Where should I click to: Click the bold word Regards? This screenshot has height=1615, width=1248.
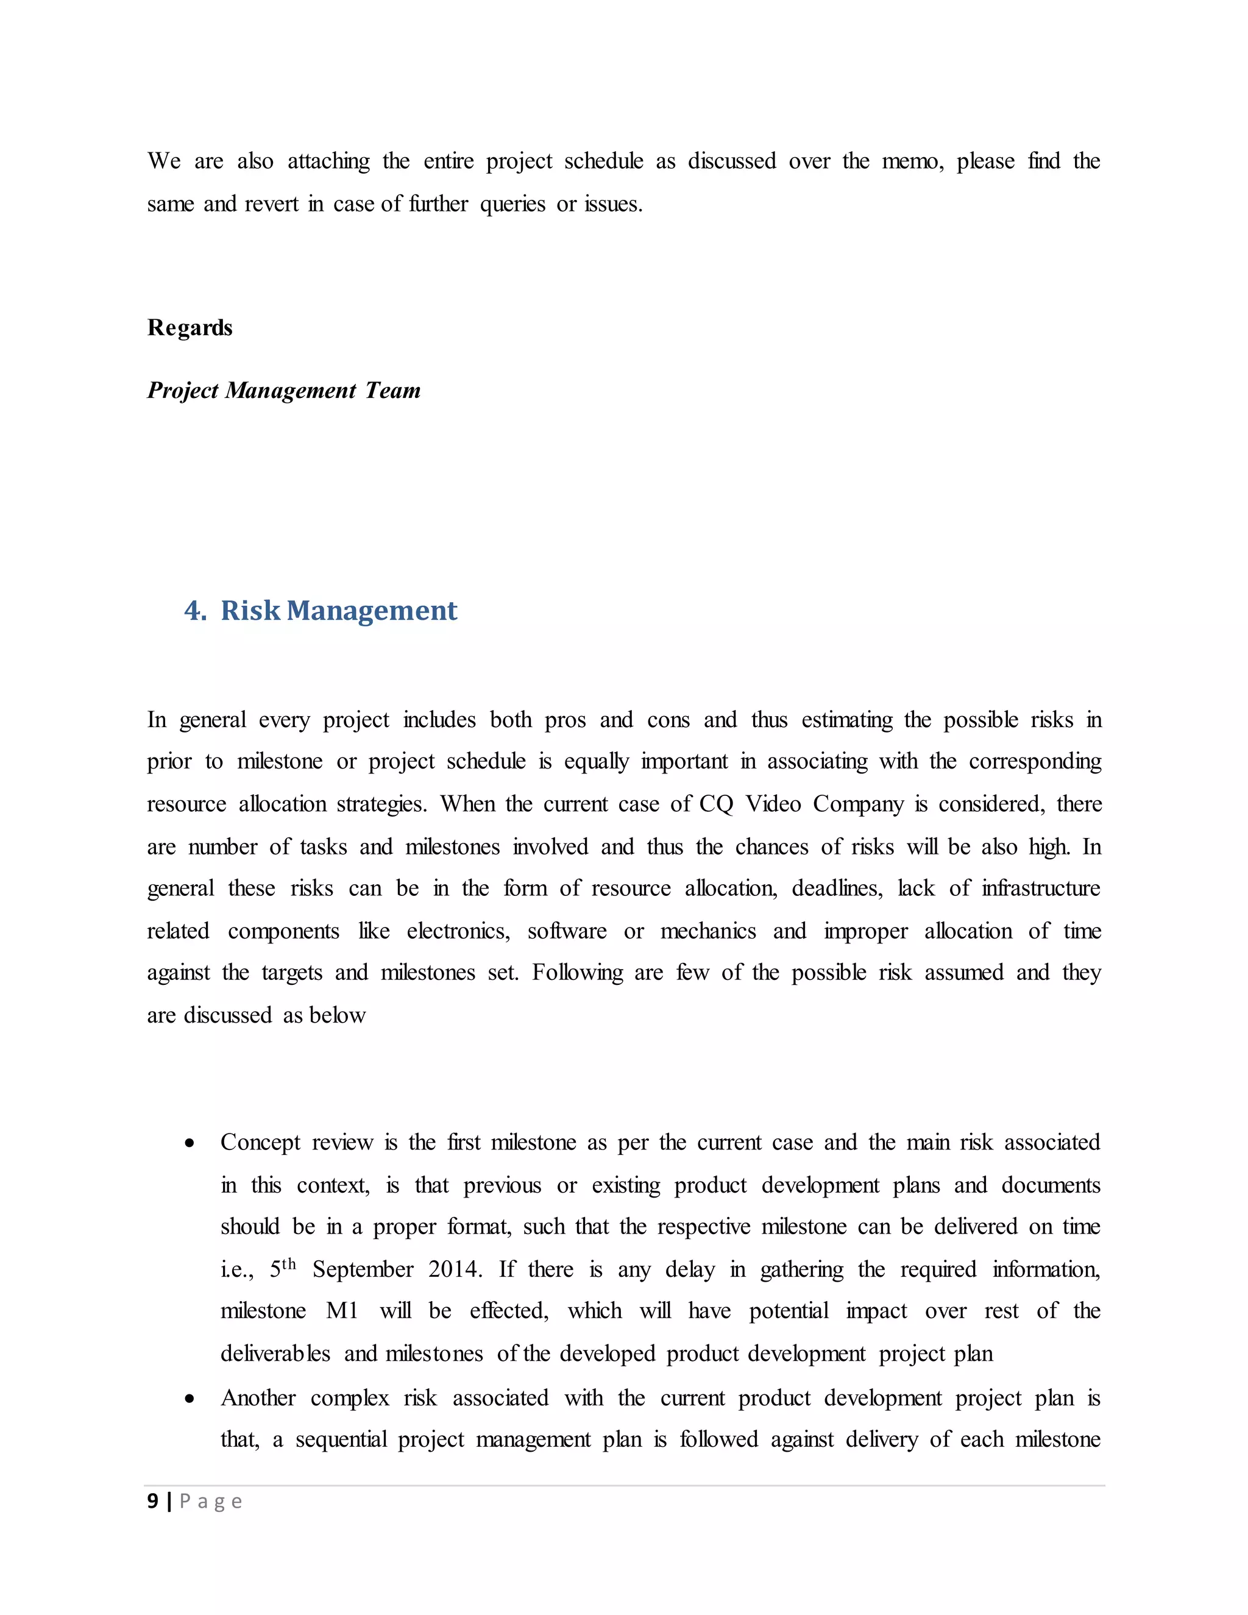(190, 328)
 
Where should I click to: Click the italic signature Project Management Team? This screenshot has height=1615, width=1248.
(283, 391)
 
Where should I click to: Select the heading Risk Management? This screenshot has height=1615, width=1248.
(339, 611)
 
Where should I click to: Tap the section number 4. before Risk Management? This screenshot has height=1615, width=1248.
(195, 611)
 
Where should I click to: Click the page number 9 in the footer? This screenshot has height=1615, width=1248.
(153, 1501)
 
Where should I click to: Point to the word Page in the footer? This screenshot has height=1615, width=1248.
(211, 1502)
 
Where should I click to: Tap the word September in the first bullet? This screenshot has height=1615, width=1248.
(363, 1269)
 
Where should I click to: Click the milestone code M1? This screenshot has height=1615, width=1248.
(342, 1311)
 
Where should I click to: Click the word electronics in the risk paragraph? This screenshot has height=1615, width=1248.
(458, 931)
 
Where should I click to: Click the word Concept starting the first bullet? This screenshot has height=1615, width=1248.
(260, 1143)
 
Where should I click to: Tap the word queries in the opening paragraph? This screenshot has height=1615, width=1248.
(512, 204)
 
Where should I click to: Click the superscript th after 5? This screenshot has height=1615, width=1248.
(289, 1264)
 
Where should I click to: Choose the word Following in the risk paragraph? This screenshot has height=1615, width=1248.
(578, 973)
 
